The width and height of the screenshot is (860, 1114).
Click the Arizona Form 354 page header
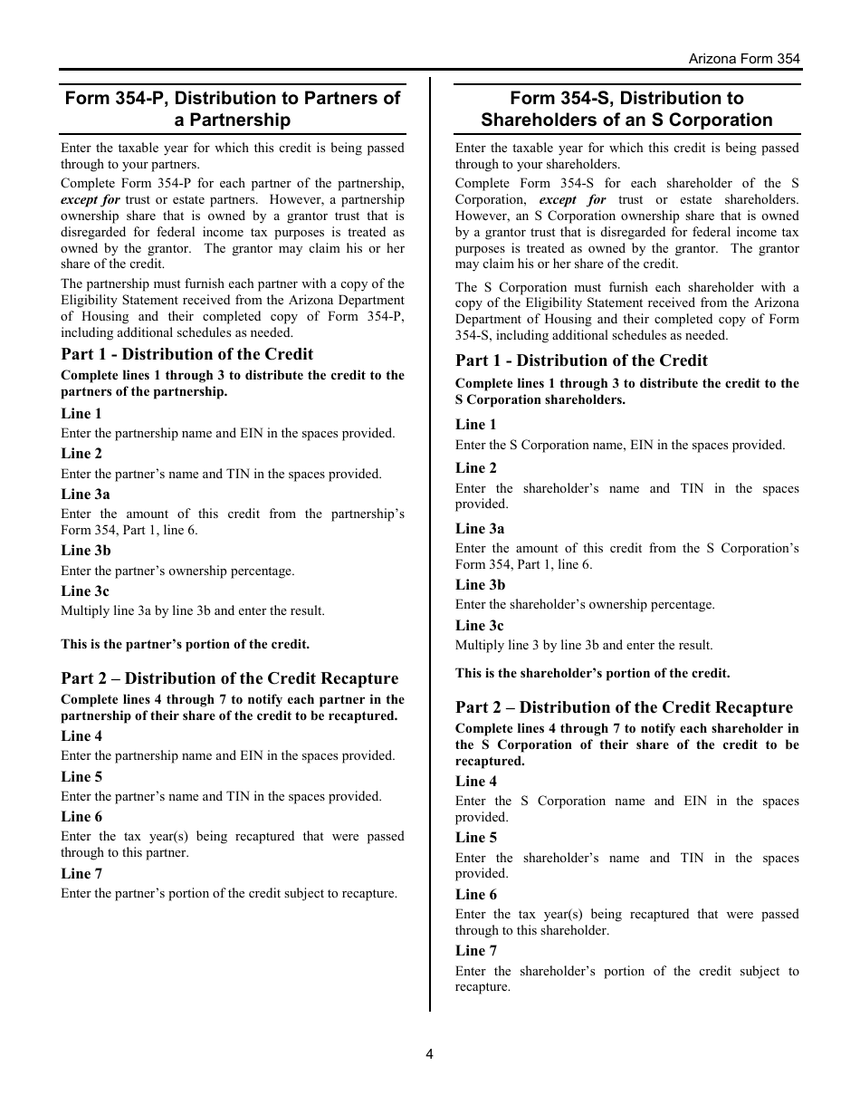[744, 58]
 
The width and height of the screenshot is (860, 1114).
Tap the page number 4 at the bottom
[430, 1053]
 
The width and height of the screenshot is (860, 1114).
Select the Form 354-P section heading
[233, 109]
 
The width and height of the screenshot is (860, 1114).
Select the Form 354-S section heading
[626, 109]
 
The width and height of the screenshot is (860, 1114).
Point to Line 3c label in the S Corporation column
[479, 625]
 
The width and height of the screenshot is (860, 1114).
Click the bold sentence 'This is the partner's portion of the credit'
[185, 645]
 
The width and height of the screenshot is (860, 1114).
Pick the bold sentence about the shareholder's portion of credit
[592, 673]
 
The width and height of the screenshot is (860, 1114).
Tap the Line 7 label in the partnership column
[81, 873]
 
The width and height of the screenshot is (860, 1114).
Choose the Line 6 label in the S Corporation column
[476, 894]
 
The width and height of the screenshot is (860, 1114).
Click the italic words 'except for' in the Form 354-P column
[91, 199]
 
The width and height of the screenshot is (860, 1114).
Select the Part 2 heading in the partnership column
[229, 678]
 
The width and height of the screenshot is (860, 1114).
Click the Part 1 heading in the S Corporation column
[581, 360]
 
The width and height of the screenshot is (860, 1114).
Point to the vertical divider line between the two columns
[430, 543]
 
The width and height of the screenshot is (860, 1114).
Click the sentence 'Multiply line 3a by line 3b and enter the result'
[192, 611]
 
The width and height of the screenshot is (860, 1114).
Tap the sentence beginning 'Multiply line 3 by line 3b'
[584, 646]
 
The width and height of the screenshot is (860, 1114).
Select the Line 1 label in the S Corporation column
[476, 424]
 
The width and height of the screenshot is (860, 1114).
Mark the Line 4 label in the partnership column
[81, 735]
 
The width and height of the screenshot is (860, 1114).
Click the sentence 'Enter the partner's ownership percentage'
[177, 571]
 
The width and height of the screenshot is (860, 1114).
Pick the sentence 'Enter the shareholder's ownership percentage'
[585, 605]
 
